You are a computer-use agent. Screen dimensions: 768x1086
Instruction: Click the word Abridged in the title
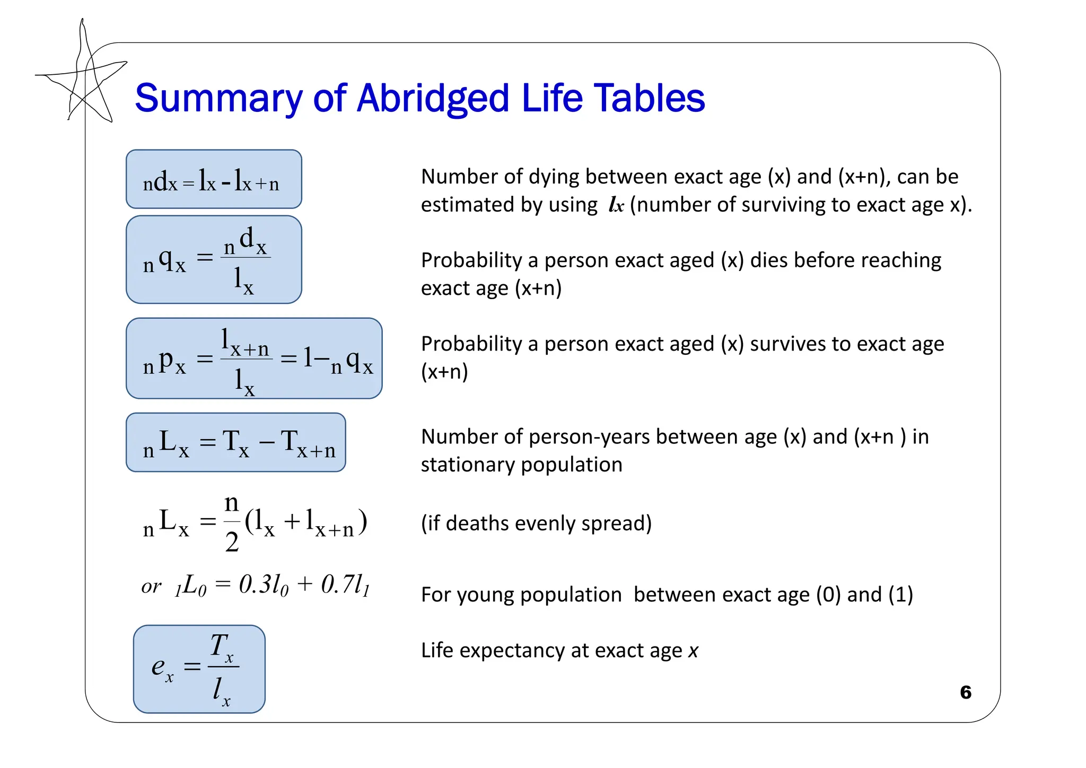coord(433,99)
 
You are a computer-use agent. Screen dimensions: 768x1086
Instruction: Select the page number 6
coord(966,692)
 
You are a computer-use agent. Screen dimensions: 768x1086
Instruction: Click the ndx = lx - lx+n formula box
coord(214,179)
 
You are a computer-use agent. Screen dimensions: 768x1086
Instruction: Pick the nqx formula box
coord(214,259)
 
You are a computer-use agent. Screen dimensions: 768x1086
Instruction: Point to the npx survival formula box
coord(254,359)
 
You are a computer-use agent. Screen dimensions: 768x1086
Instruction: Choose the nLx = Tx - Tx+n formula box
coord(236,442)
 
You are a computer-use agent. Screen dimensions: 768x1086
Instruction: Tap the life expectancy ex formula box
coord(199,669)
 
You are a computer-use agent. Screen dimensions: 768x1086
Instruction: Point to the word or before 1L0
coord(151,587)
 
